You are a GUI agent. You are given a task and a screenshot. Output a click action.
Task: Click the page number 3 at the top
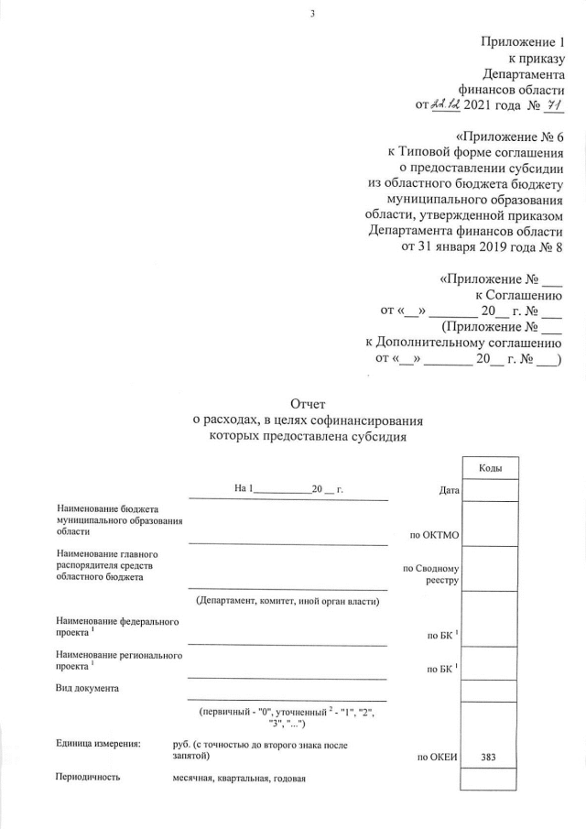[312, 13]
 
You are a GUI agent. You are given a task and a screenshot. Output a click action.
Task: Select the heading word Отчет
[307, 403]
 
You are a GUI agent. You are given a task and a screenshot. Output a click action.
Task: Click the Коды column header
[491, 468]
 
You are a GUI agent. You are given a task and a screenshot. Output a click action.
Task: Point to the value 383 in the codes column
[491, 758]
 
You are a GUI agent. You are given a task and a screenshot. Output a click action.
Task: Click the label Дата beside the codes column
[449, 492]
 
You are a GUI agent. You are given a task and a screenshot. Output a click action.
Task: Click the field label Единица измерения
[99, 746]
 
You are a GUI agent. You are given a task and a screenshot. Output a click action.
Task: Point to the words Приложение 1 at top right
[522, 42]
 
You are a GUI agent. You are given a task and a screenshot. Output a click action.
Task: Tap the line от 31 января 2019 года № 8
[483, 246]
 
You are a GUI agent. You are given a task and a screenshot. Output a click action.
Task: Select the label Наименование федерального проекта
[117, 627]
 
